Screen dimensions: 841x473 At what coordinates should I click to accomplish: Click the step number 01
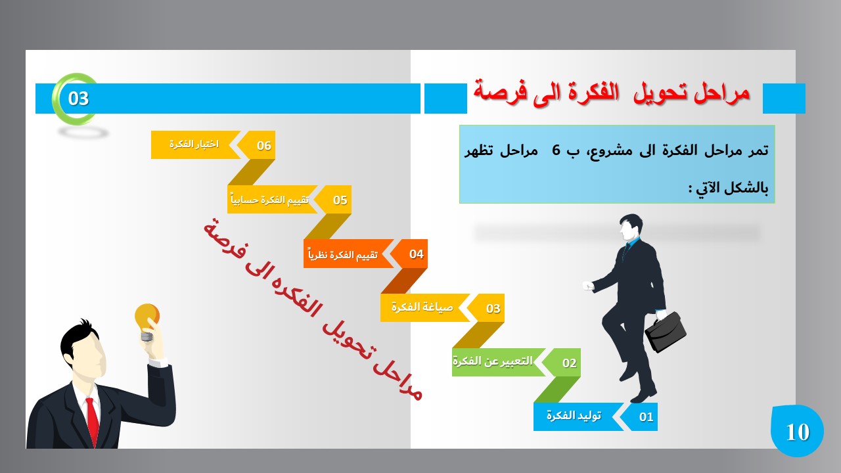[x=646, y=417]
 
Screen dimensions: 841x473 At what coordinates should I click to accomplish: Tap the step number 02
[x=569, y=363]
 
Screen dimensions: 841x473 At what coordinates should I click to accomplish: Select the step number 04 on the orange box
[x=417, y=254]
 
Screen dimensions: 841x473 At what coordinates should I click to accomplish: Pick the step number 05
[x=340, y=200]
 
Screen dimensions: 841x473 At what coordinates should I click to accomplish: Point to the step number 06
[x=264, y=146]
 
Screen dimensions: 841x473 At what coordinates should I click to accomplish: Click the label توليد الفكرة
[x=574, y=416]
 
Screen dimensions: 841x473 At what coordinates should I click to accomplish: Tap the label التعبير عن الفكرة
[x=492, y=361]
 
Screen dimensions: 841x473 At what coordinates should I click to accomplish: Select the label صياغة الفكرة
[x=422, y=307]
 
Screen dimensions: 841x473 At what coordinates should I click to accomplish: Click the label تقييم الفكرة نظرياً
[x=343, y=254]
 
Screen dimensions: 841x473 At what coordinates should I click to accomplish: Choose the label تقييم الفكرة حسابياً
[x=269, y=199]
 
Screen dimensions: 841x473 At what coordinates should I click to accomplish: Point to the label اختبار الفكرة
[x=194, y=144]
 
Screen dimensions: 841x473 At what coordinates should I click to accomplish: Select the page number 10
[x=798, y=432]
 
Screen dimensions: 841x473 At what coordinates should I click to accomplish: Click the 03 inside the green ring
[x=78, y=99]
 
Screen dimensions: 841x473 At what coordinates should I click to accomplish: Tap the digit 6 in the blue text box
[x=556, y=150]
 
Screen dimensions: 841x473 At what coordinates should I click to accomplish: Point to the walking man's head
[x=631, y=227]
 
